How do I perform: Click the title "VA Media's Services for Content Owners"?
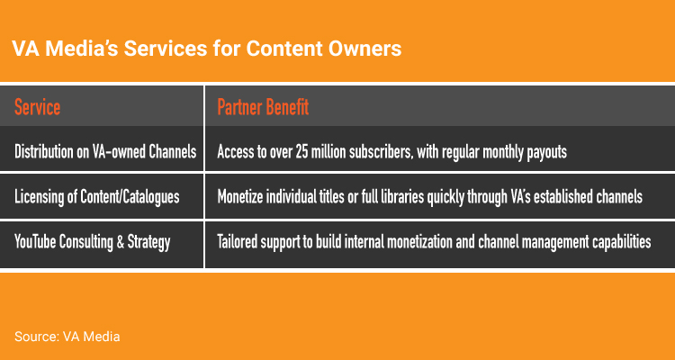(x=207, y=49)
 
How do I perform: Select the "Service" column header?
(x=38, y=107)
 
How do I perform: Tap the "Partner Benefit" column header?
(x=263, y=107)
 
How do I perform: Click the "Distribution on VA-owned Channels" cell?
(x=105, y=151)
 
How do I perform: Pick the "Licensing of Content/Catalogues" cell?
(x=97, y=197)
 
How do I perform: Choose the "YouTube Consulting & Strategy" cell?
(x=93, y=241)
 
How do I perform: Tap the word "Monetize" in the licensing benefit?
(x=240, y=197)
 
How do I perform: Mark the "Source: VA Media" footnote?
(x=67, y=337)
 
